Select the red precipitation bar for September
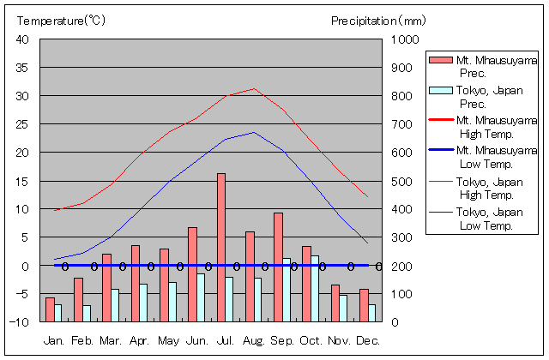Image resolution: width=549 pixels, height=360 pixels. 278,267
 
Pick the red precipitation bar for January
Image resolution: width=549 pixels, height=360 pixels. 50,309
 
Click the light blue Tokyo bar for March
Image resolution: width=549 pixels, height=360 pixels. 115,305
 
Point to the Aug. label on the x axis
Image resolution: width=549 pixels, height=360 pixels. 253,340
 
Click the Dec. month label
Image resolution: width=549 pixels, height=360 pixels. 367,340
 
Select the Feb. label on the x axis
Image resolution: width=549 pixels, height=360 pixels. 81,340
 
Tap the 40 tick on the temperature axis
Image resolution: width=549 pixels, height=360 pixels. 22,39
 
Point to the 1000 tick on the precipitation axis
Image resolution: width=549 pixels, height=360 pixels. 405,39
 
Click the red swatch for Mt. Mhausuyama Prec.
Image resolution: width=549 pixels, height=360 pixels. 440,59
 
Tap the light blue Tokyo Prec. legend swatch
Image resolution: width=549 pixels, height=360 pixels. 440,90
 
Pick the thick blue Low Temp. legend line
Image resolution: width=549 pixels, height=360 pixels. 440,151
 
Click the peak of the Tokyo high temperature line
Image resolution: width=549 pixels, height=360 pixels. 253,88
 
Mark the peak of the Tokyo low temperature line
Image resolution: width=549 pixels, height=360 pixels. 253,132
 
